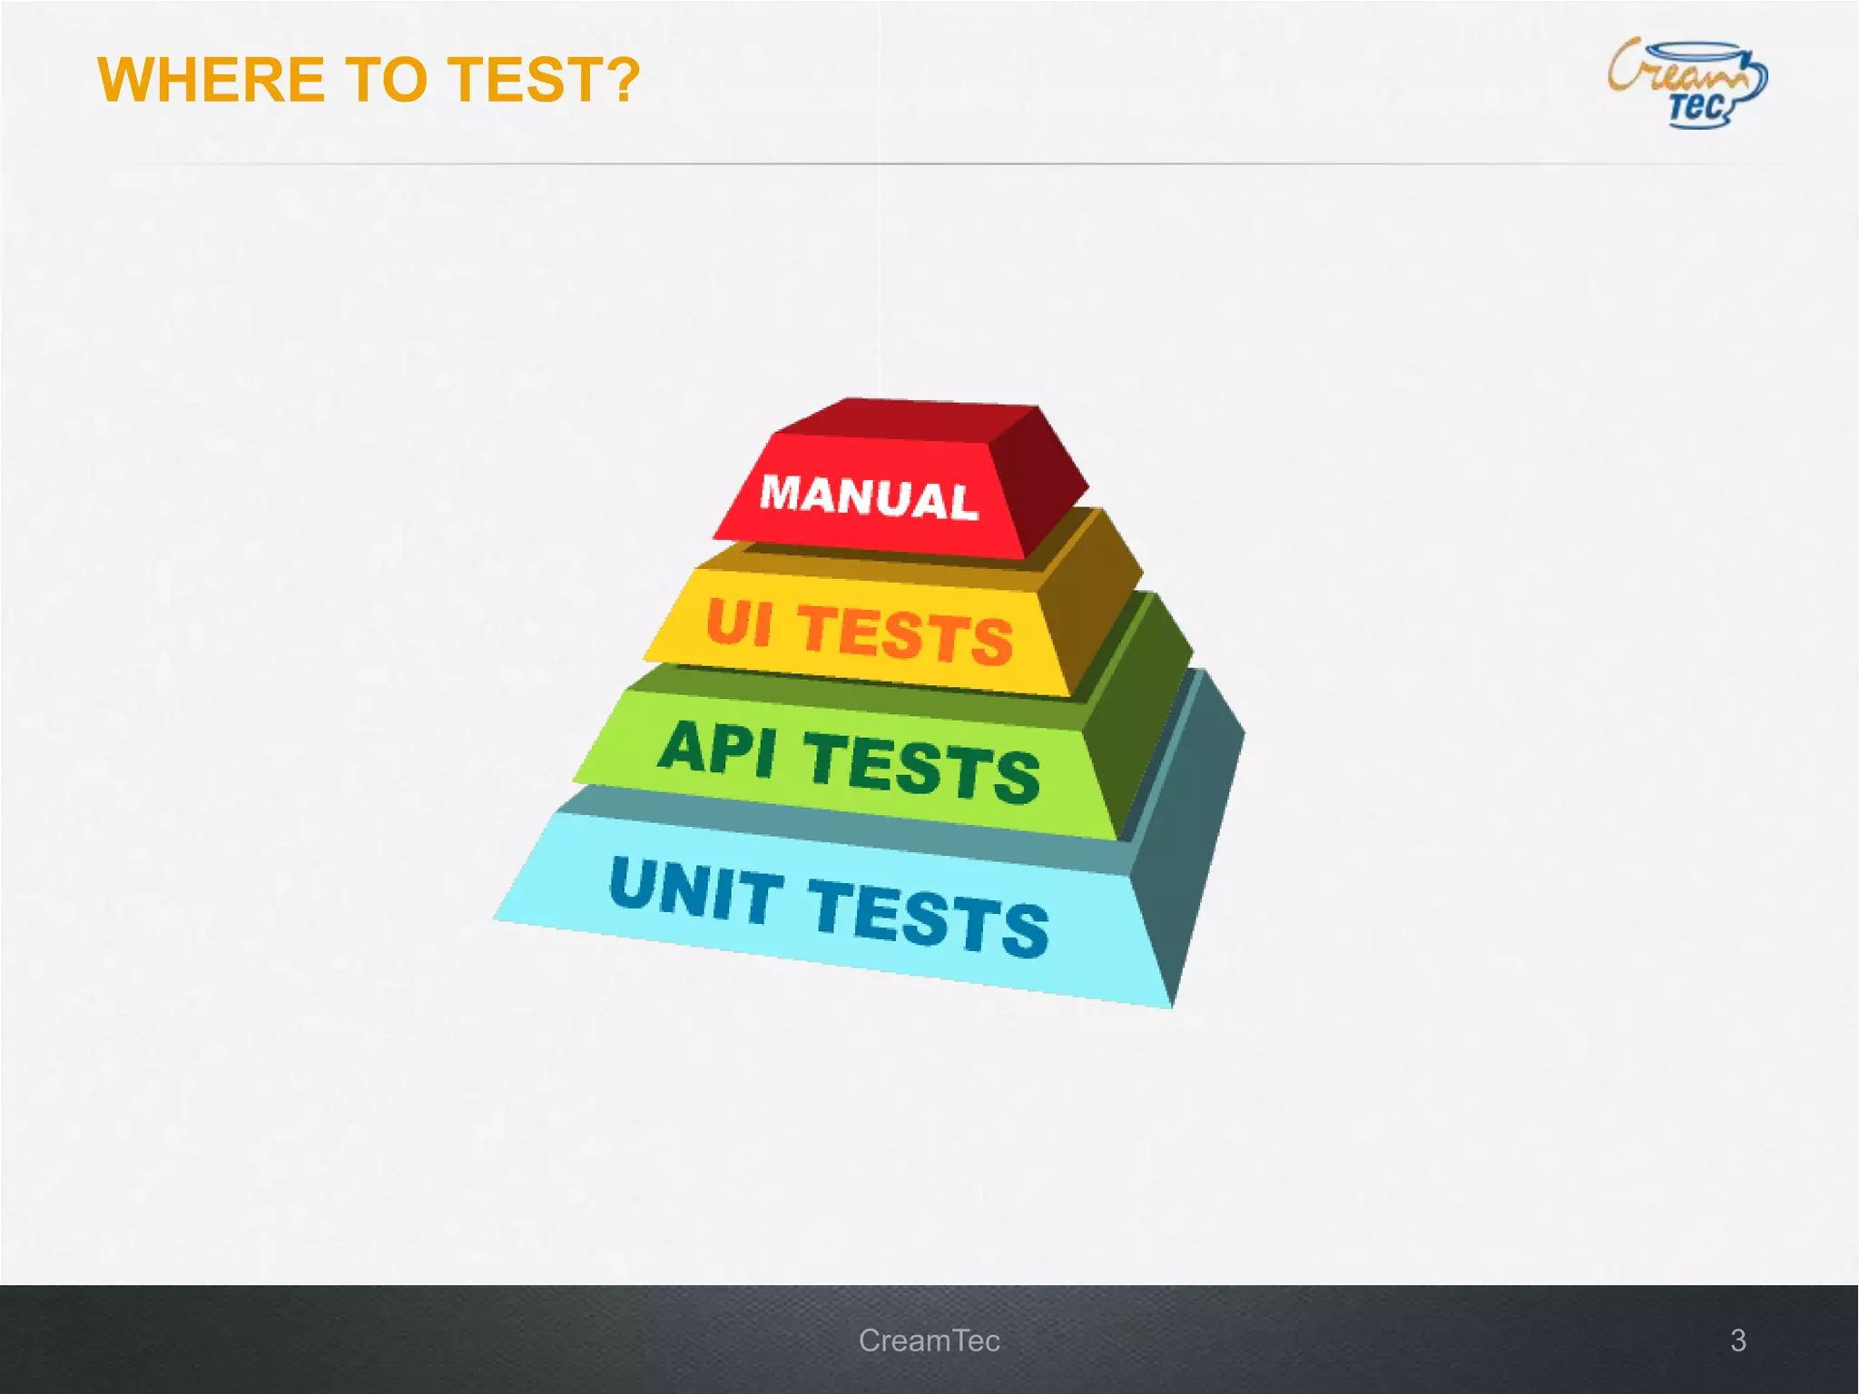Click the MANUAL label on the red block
click(x=869, y=497)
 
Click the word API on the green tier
click(x=717, y=750)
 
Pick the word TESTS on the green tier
click(x=921, y=768)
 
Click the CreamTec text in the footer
click(x=929, y=1340)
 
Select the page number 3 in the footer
click(x=1737, y=1340)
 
